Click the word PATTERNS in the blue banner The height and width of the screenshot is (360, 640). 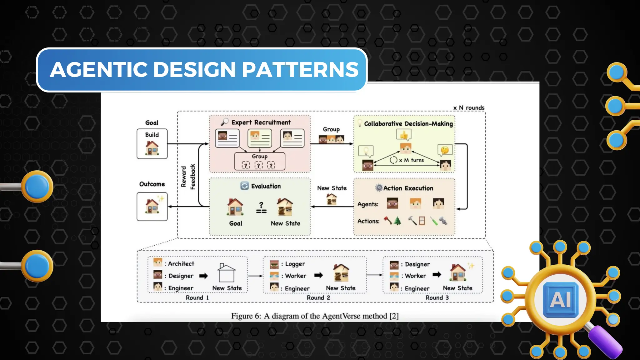coord(300,69)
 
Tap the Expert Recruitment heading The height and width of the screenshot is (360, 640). coord(261,122)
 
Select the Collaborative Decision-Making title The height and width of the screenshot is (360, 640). coord(408,124)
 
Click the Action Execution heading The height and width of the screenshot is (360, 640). coord(408,188)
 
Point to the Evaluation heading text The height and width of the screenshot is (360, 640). coord(266,186)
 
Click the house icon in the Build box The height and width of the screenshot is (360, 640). coord(152,148)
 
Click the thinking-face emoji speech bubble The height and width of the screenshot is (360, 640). coord(445,150)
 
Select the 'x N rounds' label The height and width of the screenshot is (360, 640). coord(469,108)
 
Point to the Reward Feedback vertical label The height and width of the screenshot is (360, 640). coord(188,177)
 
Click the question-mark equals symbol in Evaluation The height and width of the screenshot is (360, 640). coord(261,208)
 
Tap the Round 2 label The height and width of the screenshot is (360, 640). coord(318,298)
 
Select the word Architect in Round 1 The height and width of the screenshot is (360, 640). coord(181,264)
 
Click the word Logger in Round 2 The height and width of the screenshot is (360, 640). coord(295,264)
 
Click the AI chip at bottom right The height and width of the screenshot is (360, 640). coord(561,300)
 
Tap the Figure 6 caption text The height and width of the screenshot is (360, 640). coord(315,316)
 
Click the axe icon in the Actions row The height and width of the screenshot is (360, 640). coord(388,221)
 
